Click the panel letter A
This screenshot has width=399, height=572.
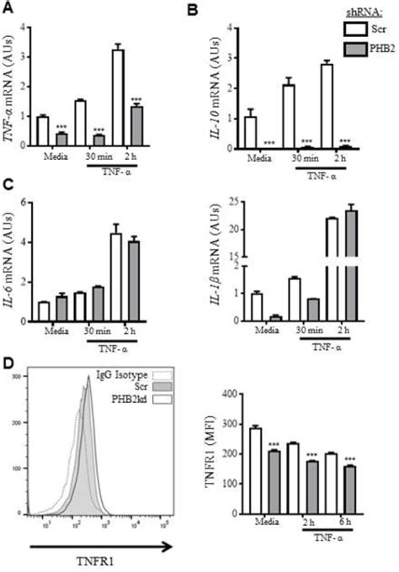8,9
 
